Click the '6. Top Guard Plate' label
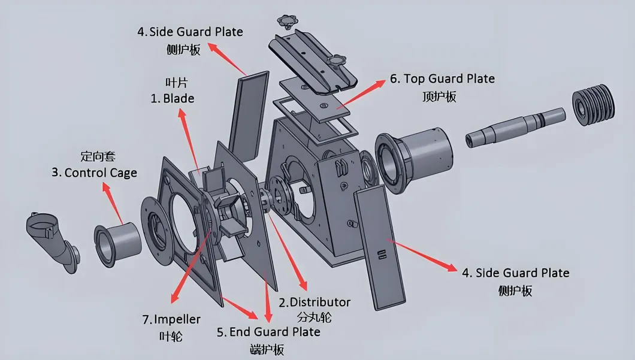(442, 78)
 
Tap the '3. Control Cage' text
(94, 173)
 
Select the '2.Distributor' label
(314, 302)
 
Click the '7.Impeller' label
(171, 319)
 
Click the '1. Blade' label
(172, 98)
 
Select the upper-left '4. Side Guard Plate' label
(190, 32)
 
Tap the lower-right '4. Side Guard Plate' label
(515, 273)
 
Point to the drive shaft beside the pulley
(515, 125)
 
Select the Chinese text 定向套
(97, 157)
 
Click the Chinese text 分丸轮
(314, 317)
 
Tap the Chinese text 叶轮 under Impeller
(171, 336)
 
